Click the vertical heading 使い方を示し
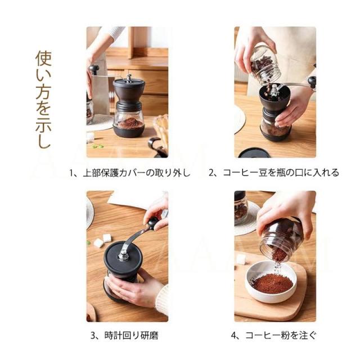pos(43,99)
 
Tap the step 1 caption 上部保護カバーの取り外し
pos(137,173)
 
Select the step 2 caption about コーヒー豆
pos(281,173)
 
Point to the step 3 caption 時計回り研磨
pos(132,335)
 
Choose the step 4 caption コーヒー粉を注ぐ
pos(281,335)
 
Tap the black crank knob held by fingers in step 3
pos(152,222)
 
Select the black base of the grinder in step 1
pos(129,130)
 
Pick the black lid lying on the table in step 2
pos(254,153)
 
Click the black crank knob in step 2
pos(312,82)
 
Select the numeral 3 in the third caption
pos(92,336)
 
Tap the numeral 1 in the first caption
pos(71,173)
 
